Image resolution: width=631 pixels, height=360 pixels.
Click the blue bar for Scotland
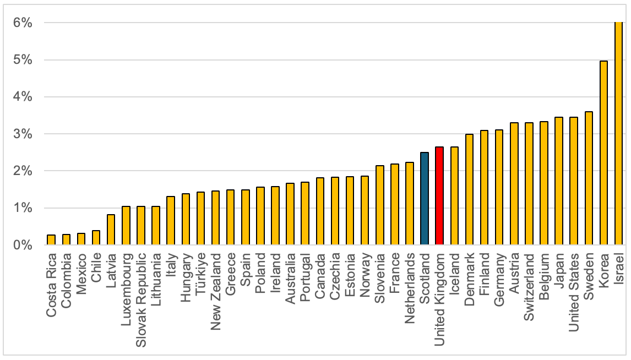[x=424, y=199]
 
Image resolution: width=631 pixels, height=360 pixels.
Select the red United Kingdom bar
[x=439, y=196]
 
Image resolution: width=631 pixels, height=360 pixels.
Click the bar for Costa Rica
[x=51, y=240]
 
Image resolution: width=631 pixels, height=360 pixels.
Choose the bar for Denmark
[x=469, y=189]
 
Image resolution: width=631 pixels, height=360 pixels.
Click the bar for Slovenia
[x=379, y=205]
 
